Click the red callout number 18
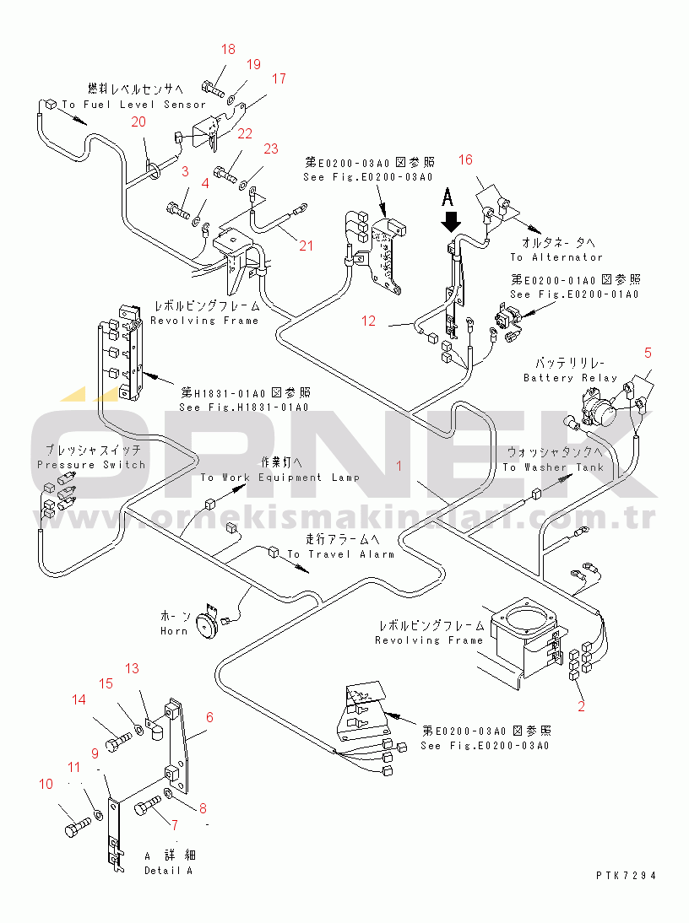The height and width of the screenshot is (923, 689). (229, 49)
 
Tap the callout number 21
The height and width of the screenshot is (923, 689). (306, 246)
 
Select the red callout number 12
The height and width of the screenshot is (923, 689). (368, 321)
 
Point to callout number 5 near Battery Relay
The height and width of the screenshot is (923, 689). (648, 352)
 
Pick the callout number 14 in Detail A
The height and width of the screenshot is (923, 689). (79, 699)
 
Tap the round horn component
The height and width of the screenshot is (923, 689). (203, 624)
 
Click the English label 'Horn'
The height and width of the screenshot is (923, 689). (173, 631)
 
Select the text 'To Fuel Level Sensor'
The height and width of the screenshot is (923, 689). (133, 105)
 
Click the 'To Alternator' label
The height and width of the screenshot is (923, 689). (556, 257)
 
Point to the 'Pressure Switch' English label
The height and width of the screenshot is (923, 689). (91, 465)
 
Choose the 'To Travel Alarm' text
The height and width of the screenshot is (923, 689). (341, 554)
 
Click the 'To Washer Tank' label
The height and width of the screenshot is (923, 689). (553, 467)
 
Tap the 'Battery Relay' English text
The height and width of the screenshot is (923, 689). (570, 378)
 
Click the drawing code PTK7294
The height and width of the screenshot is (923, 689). (625, 875)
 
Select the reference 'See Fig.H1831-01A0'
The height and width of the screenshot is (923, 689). (243, 408)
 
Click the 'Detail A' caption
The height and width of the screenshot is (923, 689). (168, 870)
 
